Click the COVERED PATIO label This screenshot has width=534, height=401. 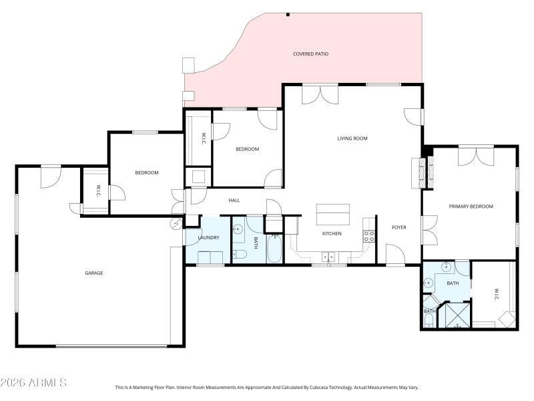pos(310,53)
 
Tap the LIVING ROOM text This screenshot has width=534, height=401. pos(352,138)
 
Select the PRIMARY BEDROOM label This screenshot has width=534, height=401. pos(471,207)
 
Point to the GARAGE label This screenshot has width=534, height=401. pos(93,273)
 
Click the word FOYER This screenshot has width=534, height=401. pos(398,227)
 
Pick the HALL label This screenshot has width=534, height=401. pos(234,200)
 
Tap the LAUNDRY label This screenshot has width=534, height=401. pos(208,237)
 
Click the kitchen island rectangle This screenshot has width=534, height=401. pos(333,215)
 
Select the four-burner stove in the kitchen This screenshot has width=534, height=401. pos(368,235)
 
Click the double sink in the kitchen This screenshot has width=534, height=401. pos(328,255)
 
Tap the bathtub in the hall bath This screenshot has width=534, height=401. pos(274,250)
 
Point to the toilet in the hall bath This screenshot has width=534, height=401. pos(240,254)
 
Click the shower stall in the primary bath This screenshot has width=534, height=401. pos(457,316)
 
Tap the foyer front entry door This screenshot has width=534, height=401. pos(394,254)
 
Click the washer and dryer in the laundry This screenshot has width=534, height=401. pos(210,258)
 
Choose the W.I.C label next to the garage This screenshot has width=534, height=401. pos(98,190)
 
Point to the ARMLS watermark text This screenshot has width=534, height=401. pos(33,383)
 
